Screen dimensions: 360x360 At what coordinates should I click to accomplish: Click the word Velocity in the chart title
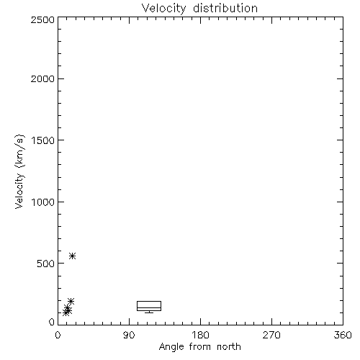click(x=164, y=9)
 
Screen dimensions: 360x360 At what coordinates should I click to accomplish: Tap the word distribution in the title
click(x=225, y=8)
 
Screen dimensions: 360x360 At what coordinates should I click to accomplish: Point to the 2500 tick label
click(x=43, y=19)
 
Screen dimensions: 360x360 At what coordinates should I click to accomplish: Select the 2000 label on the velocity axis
click(x=43, y=78)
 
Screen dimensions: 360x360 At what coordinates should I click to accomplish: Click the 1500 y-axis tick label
click(x=43, y=140)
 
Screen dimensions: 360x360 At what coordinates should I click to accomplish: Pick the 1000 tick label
click(x=43, y=202)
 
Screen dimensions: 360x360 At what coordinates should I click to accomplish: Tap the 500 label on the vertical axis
click(x=46, y=264)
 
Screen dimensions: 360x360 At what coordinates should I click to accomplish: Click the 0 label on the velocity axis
click(x=52, y=322)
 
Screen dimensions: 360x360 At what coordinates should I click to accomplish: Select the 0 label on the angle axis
click(x=58, y=335)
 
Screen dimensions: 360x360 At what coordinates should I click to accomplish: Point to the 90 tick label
click(x=129, y=335)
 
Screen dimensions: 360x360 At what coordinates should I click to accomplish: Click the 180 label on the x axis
click(x=200, y=335)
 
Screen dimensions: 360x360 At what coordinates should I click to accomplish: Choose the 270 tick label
click(x=271, y=335)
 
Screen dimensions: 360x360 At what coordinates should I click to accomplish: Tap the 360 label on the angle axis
click(x=343, y=335)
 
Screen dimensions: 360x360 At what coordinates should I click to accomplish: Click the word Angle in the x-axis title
click(x=171, y=348)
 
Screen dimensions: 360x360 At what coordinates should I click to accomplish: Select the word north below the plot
click(x=229, y=347)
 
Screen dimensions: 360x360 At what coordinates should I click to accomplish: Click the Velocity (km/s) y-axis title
click(x=19, y=171)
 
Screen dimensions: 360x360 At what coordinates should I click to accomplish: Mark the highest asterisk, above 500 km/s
click(x=73, y=256)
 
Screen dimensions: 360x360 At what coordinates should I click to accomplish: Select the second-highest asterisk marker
click(x=71, y=301)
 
